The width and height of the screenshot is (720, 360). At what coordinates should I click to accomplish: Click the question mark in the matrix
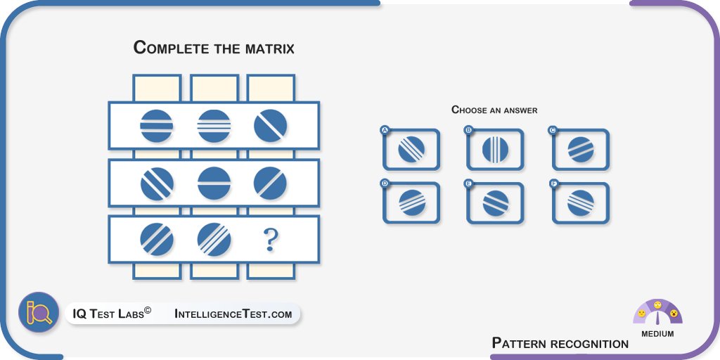(x=270, y=240)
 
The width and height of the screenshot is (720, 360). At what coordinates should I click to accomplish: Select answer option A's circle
(x=411, y=150)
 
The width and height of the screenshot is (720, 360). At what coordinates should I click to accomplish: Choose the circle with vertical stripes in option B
(x=495, y=150)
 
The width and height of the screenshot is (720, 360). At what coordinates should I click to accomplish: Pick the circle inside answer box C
(x=581, y=150)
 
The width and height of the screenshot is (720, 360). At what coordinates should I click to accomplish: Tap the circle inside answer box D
(x=411, y=203)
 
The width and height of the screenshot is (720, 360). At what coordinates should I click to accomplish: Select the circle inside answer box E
(x=495, y=203)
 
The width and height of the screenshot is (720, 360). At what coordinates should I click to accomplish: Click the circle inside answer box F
(x=581, y=203)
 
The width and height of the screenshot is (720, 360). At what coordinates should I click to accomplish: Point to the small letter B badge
(x=468, y=130)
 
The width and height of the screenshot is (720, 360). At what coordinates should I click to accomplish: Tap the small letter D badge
(x=385, y=184)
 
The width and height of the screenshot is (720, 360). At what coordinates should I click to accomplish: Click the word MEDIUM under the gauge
(x=657, y=334)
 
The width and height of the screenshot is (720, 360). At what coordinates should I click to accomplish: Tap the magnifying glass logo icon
(x=39, y=312)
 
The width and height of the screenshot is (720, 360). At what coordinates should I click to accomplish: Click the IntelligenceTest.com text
(x=233, y=314)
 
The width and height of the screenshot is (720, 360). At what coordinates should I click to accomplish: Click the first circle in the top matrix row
(x=157, y=126)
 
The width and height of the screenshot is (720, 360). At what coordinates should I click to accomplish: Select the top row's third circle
(x=270, y=126)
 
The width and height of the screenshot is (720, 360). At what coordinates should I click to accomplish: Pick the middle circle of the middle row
(x=214, y=183)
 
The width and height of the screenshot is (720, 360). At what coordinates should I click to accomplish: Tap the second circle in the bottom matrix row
(x=214, y=239)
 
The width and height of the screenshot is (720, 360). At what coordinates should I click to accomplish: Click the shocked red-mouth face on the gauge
(x=674, y=313)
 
